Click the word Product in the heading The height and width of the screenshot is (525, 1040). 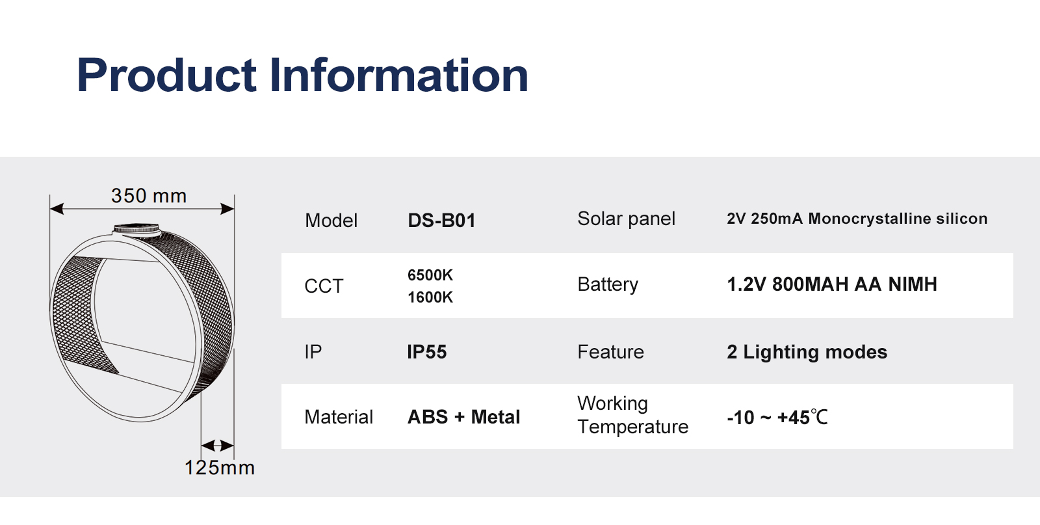click(166, 75)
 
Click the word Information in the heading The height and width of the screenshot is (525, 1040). click(399, 74)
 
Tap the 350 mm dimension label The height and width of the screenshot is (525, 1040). click(149, 196)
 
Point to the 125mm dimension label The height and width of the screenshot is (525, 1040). click(220, 467)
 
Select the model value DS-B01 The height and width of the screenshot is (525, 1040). click(441, 221)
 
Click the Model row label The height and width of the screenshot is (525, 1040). click(331, 221)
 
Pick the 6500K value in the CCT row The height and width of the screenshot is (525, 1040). click(430, 275)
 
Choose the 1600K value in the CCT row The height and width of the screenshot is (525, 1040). click(430, 297)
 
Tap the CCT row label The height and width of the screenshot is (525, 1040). click(324, 286)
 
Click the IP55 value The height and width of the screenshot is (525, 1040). click(426, 352)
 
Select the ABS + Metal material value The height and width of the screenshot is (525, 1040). click(464, 417)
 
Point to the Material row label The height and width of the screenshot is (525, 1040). click(339, 417)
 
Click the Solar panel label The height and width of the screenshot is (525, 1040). click(627, 219)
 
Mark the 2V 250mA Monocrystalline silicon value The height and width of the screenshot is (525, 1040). click(857, 219)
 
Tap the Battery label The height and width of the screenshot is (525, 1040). click(608, 284)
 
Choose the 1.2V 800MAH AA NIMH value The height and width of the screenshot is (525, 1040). click(832, 284)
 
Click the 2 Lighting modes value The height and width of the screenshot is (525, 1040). click(807, 352)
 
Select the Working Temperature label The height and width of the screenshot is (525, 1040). click(633, 415)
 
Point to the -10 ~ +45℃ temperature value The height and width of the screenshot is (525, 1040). click(777, 417)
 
